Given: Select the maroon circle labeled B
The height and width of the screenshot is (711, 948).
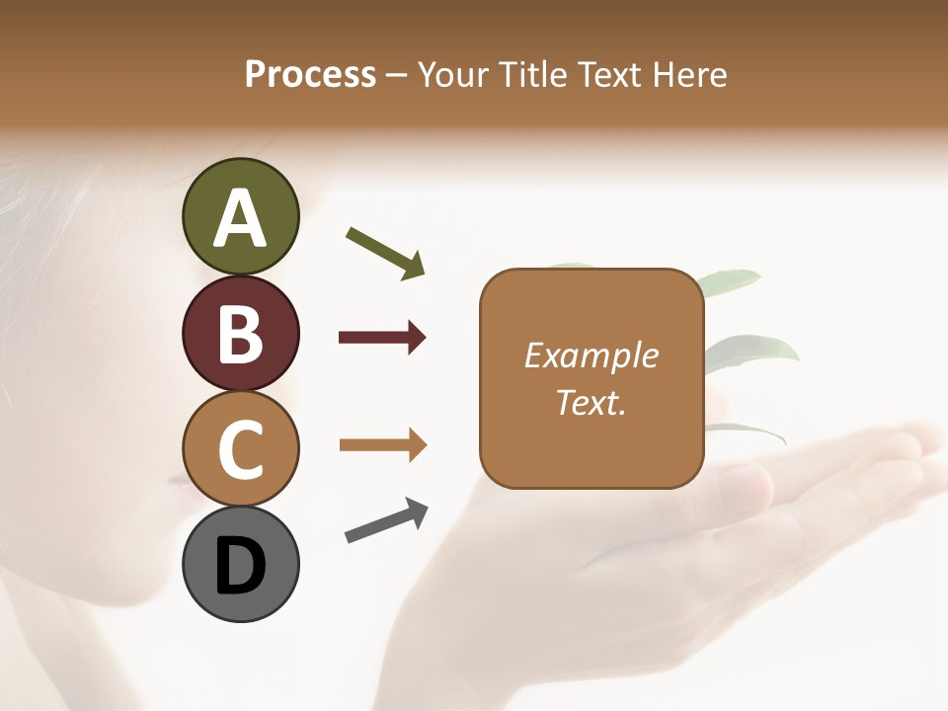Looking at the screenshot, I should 240,334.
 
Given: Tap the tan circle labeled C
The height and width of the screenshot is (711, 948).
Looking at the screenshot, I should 240,449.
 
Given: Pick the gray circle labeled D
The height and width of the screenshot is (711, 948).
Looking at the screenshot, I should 240,565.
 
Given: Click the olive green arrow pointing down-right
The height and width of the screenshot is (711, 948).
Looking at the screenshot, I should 385,253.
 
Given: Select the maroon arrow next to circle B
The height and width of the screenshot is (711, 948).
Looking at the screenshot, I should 382,338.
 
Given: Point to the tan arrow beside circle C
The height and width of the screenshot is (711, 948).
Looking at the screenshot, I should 382,445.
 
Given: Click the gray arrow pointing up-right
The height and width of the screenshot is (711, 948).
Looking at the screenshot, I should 386,520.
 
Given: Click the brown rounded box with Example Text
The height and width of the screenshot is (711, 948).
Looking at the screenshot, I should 592,378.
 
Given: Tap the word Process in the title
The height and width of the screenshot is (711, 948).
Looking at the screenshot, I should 310,74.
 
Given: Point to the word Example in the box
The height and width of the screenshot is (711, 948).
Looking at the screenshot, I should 591,355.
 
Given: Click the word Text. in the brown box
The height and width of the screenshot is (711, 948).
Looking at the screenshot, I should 591,402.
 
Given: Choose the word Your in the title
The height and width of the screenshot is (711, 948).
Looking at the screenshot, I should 452,74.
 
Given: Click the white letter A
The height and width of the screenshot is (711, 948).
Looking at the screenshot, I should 240,217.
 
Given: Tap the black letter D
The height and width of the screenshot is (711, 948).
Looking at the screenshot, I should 240,567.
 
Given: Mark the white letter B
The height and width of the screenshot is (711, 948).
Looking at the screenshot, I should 240,334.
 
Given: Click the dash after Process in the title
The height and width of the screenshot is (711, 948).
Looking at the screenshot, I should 397,75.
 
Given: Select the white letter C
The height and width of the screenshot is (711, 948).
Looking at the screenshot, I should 240,449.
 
